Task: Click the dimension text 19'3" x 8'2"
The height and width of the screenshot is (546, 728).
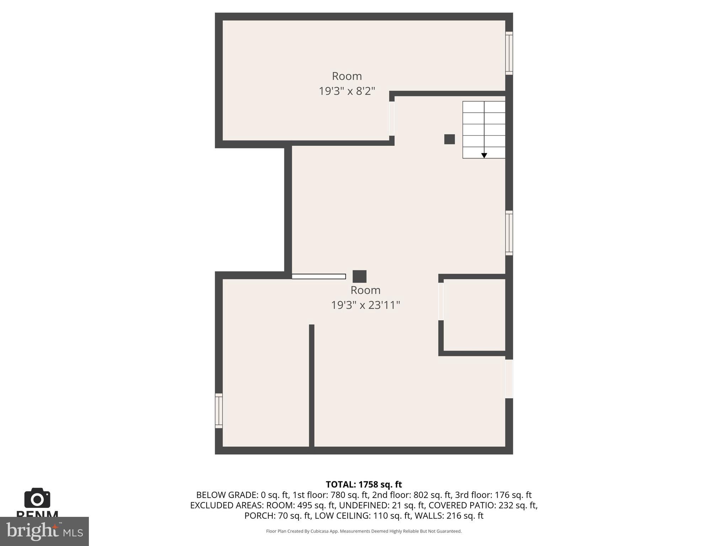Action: [x=347, y=91]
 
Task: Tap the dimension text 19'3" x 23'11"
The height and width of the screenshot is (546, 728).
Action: [x=365, y=305]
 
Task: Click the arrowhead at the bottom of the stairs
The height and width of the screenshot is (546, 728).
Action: [x=484, y=156]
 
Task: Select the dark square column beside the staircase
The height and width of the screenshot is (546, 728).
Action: [x=449, y=139]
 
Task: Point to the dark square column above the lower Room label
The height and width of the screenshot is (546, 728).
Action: [x=359, y=276]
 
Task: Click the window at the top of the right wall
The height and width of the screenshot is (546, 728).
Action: [x=509, y=53]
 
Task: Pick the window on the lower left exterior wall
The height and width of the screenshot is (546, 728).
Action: [x=219, y=411]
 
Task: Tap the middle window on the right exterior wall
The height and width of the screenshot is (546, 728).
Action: [x=509, y=233]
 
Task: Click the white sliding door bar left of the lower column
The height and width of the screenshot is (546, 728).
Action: [x=318, y=277]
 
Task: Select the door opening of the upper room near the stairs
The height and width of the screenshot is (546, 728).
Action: [x=392, y=119]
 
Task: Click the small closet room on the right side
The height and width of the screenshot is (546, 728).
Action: [x=474, y=315]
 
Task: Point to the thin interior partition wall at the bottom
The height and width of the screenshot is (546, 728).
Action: [x=311, y=386]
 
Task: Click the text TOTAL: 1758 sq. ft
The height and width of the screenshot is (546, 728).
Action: [x=364, y=485]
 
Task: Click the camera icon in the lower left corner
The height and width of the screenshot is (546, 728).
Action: [x=37, y=498]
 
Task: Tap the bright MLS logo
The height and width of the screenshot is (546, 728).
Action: [x=44, y=531]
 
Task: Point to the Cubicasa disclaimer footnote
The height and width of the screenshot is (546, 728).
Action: [x=364, y=531]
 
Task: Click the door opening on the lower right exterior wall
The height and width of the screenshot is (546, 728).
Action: [x=509, y=379]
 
